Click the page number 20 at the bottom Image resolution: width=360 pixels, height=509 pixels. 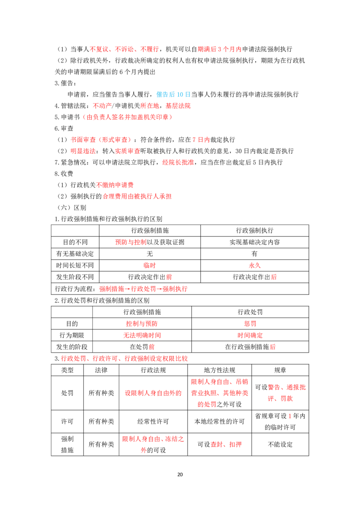tap(180, 474)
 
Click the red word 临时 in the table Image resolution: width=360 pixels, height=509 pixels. tap(150, 266)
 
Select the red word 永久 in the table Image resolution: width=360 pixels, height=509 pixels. tap(255, 266)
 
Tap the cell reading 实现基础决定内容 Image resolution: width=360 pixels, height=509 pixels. tap(255, 242)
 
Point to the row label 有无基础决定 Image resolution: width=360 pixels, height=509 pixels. tap(75, 254)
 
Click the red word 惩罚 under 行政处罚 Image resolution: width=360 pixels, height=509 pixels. tap(250, 324)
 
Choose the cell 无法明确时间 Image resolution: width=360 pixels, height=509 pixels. tap(142, 335)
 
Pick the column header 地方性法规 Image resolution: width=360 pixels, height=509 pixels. tap(220, 370)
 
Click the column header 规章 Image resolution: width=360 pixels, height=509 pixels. tap(280, 370)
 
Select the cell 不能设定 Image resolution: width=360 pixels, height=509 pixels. tap(280, 444)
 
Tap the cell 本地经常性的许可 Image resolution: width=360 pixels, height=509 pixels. tap(220, 421)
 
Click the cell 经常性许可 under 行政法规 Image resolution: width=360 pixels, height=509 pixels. tap(153, 421)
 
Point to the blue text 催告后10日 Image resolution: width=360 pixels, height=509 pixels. tap(174, 94)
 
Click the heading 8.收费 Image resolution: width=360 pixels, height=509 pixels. tap(64, 174)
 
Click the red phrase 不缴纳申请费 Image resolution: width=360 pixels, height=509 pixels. tap(115, 185)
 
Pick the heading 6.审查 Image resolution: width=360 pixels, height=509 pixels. tap(64, 129)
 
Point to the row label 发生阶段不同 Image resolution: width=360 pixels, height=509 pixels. tap(75, 277)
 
